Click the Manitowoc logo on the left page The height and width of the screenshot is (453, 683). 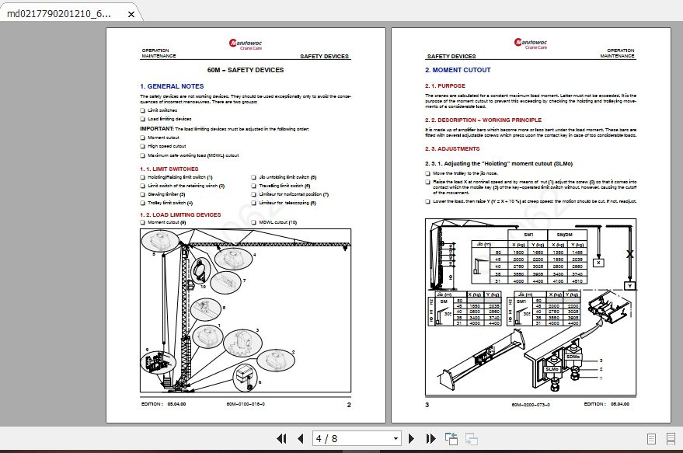click(x=246, y=44)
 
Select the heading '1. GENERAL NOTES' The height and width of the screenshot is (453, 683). click(x=172, y=86)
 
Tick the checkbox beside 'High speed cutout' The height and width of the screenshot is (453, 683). click(x=143, y=146)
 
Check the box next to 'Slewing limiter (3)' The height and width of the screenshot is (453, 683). click(x=143, y=194)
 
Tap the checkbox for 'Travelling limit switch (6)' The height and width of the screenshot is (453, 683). click(x=253, y=186)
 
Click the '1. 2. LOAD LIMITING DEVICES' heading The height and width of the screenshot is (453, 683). click(x=180, y=214)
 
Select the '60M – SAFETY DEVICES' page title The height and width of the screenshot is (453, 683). click(x=246, y=70)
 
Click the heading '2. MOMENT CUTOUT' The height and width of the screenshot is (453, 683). click(x=458, y=70)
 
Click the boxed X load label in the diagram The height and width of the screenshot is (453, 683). click(x=598, y=263)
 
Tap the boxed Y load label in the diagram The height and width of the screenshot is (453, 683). click(x=629, y=285)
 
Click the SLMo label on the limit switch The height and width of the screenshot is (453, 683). click(x=552, y=368)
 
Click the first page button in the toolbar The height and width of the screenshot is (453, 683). click(x=282, y=439)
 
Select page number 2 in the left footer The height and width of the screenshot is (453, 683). click(x=349, y=404)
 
